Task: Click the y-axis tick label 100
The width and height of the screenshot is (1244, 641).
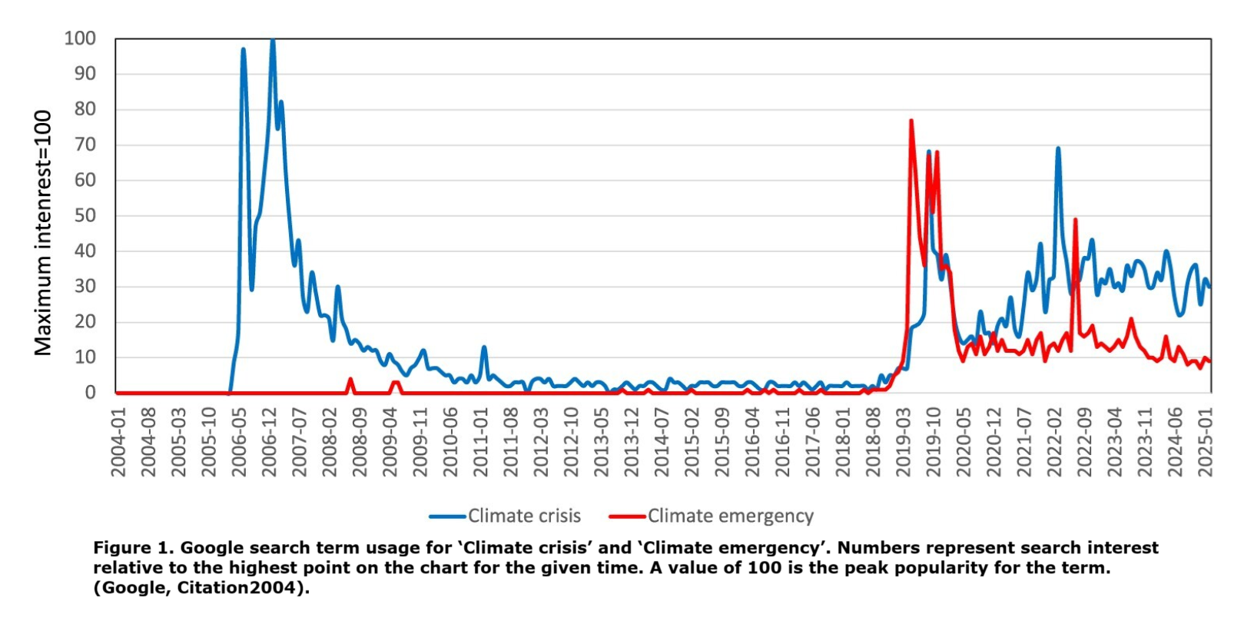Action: [x=80, y=38]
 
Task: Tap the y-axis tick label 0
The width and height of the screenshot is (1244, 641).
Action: [x=90, y=392]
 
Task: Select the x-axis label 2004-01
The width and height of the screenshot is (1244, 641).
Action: [x=118, y=442]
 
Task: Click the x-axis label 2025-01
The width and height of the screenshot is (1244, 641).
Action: [x=1206, y=442]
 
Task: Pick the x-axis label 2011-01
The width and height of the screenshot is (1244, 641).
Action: [x=481, y=442]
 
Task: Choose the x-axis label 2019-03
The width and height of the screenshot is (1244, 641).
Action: [x=904, y=442]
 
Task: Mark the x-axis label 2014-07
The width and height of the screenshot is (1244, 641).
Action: [x=662, y=442]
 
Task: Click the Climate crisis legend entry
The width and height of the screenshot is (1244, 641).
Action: [x=524, y=516]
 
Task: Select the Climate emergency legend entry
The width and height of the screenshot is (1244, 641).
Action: [x=730, y=516]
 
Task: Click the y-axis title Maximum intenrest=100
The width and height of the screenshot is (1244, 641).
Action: [x=43, y=233]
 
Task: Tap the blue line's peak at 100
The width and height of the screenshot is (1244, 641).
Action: [x=272, y=40]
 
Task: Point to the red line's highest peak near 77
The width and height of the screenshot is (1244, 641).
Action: [x=911, y=121]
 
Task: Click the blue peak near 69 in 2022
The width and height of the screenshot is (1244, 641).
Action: [x=1058, y=148]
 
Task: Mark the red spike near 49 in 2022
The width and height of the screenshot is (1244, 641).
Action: [x=1075, y=220]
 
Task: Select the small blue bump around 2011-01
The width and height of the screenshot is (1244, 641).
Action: [x=484, y=347]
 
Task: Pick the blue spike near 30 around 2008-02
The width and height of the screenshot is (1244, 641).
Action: [x=337, y=287]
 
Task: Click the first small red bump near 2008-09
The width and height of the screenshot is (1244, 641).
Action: [x=350, y=379]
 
